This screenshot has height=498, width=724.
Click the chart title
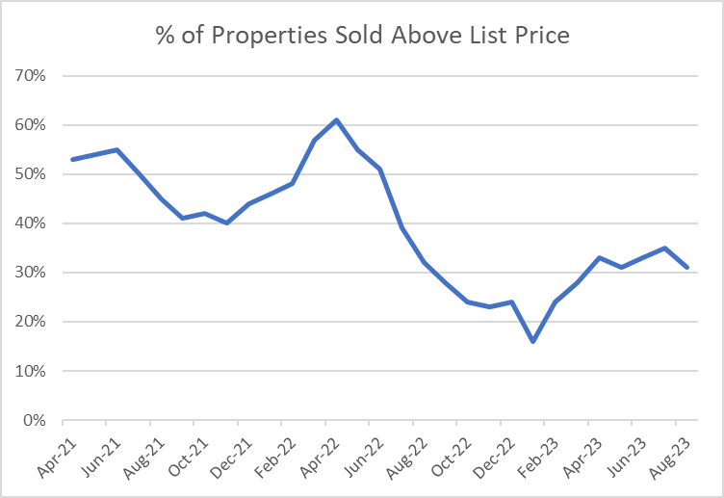(363, 36)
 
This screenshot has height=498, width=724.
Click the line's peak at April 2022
(336, 119)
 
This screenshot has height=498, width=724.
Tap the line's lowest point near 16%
(532, 341)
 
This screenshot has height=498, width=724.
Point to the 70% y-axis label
(27, 76)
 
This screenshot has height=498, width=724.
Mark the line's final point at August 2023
(686, 268)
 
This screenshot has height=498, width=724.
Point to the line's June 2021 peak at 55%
(116, 149)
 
